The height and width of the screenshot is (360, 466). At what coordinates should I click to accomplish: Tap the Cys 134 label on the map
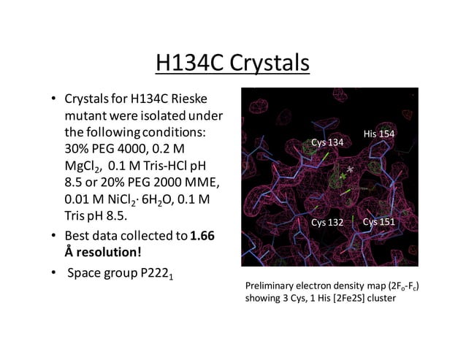pos(326,142)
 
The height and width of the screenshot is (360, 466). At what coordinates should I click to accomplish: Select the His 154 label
pos(378,134)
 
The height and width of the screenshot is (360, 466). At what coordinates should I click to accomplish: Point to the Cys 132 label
pos(327,222)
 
